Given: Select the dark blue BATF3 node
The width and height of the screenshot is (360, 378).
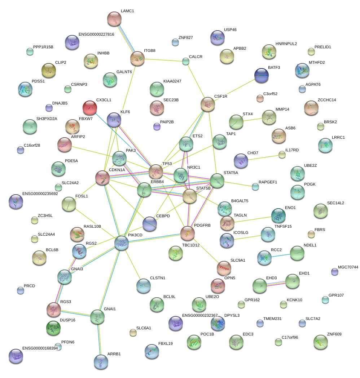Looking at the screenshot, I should pyautogui.click(x=262, y=76).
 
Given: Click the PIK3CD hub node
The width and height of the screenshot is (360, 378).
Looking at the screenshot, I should pyautogui.click(x=122, y=243).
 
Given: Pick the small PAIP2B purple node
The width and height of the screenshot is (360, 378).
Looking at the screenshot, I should pyautogui.click(x=157, y=126).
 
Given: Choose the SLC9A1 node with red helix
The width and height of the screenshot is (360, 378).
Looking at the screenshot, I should pyautogui.click(x=224, y=268).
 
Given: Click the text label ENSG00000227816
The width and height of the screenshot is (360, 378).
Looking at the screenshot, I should pyautogui.click(x=96, y=35).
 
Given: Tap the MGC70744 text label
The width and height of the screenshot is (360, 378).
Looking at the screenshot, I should pyautogui.click(x=348, y=267).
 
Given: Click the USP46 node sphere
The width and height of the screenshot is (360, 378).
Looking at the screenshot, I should pyautogui.click(x=218, y=37).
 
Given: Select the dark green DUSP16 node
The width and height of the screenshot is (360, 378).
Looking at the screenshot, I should pyautogui.click(x=53, y=328).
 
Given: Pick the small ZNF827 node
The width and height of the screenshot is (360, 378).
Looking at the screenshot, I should pyautogui.click(x=175, y=43).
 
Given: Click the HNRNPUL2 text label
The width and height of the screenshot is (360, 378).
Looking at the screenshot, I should pyautogui.click(x=286, y=44).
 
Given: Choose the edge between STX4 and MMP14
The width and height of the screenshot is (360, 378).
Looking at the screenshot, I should pyautogui.click(x=253, y=120).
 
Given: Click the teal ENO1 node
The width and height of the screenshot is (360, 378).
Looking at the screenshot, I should pyautogui.click(x=278, y=215).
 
